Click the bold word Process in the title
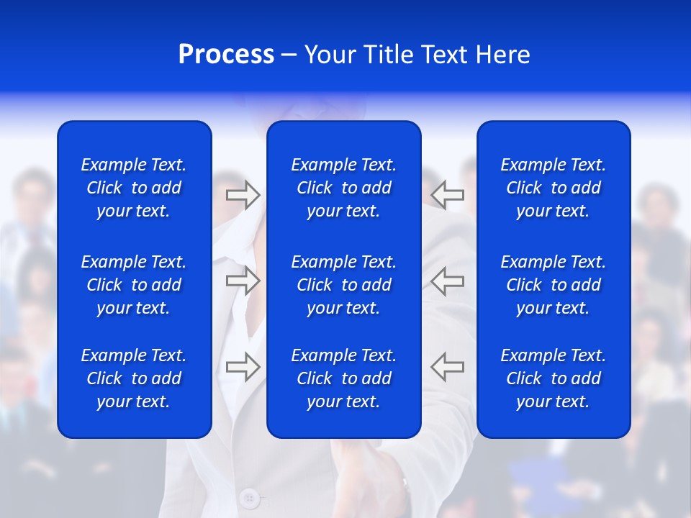(x=226, y=55)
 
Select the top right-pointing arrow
(x=243, y=195)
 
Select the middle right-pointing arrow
(x=243, y=281)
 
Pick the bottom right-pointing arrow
(x=243, y=366)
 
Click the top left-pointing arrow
(x=448, y=195)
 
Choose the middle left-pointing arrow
(x=448, y=281)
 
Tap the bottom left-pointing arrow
(x=448, y=366)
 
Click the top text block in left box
(x=134, y=188)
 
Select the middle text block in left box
(x=134, y=285)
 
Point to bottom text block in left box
(x=134, y=378)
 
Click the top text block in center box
(x=343, y=188)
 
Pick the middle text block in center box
(x=343, y=285)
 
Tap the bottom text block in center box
(x=343, y=378)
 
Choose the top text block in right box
(x=553, y=188)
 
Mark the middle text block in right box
(x=553, y=285)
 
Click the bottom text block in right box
(x=553, y=378)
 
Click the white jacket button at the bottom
(x=250, y=497)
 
